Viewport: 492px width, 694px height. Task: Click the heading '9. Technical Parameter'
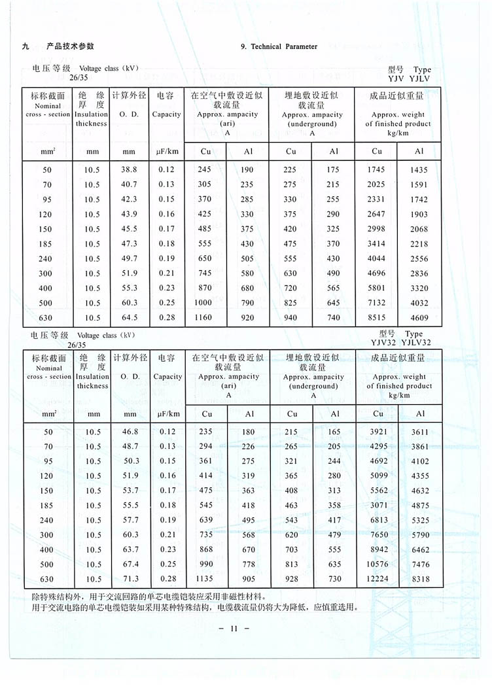279,46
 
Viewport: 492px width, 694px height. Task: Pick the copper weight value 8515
377,318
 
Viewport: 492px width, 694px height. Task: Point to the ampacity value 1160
205,318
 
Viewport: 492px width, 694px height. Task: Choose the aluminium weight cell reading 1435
419,170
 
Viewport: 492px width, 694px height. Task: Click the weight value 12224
378,580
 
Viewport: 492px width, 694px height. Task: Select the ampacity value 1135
206,580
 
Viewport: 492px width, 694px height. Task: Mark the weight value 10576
378,564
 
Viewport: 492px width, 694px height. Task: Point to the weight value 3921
378,432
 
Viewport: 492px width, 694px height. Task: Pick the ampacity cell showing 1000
205,303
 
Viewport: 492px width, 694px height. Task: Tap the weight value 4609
419,318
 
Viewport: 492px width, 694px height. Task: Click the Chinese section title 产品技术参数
71,46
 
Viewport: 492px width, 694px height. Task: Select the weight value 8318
420,580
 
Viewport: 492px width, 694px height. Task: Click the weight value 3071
378,506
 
